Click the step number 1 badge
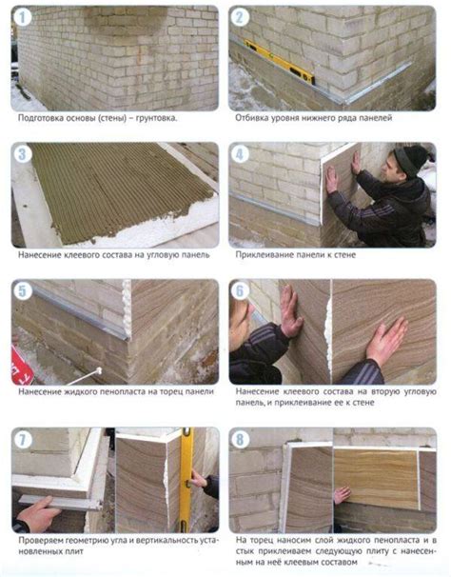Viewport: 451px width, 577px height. (x=23, y=17)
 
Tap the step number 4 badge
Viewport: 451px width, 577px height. (x=240, y=154)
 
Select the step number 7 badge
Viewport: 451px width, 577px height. (x=23, y=440)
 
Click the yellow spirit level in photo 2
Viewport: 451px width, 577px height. (x=280, y=62)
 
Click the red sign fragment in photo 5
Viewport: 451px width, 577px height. (x=21, y=365)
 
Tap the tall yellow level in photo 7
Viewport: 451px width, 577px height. (x=186, y=480)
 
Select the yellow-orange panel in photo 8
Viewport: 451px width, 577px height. (x=377, y=477)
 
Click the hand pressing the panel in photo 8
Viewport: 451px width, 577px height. (x=343, y=495)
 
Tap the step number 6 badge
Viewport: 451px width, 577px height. (x=240, y=291)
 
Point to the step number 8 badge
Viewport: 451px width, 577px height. (x=240, y=440)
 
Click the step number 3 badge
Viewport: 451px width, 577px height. (x=23, y=154)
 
